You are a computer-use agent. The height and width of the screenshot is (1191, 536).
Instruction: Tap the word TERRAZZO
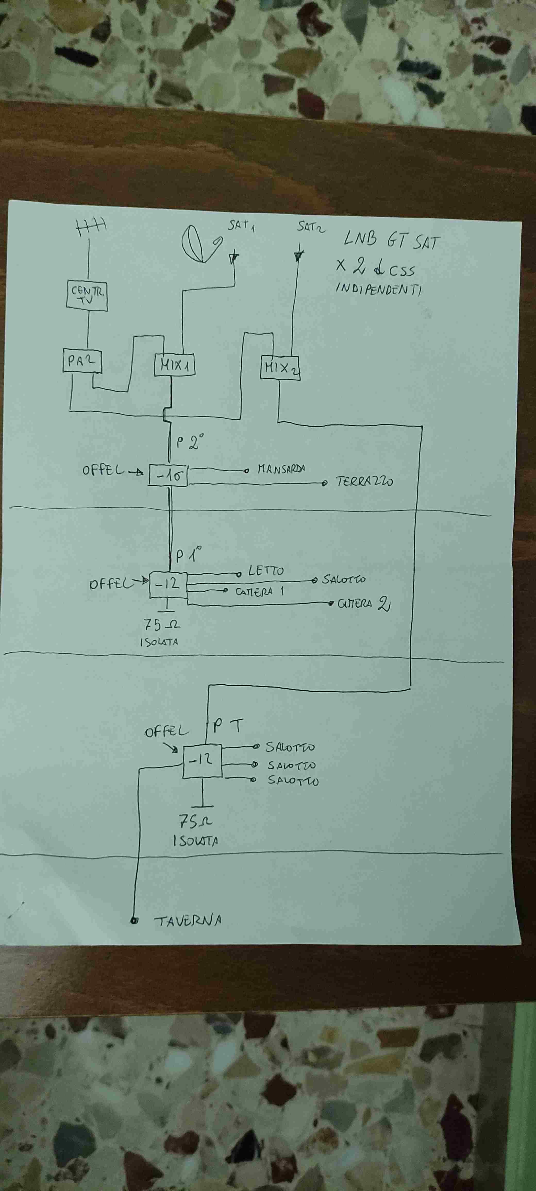tap(364, 481)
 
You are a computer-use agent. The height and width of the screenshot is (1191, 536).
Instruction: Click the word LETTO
tap(266, 571)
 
